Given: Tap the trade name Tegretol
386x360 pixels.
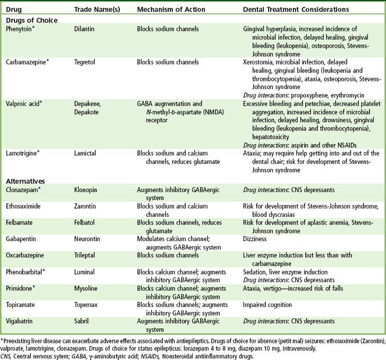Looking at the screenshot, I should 86,62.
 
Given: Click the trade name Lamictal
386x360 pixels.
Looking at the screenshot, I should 86,153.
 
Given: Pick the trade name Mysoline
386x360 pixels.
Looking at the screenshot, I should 87,289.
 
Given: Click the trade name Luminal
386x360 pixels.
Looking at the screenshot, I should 85,272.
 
